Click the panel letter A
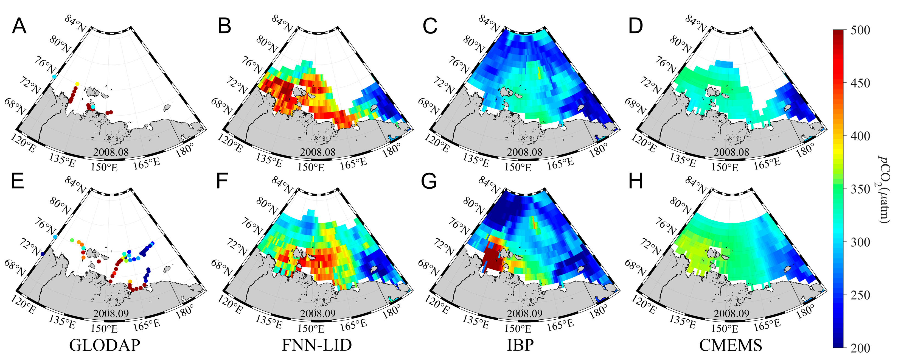tap(19, 26)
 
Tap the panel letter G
tap(429, 182)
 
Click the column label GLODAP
tap(105, 345)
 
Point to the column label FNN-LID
tap(316, 345)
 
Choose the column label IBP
tap(520, 345)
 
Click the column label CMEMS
tap(731, 345)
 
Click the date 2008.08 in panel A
tap(111, 152)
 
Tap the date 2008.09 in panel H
tap(731, 313)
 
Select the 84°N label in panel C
tap(489, 24)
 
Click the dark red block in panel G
tap(492, 259)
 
